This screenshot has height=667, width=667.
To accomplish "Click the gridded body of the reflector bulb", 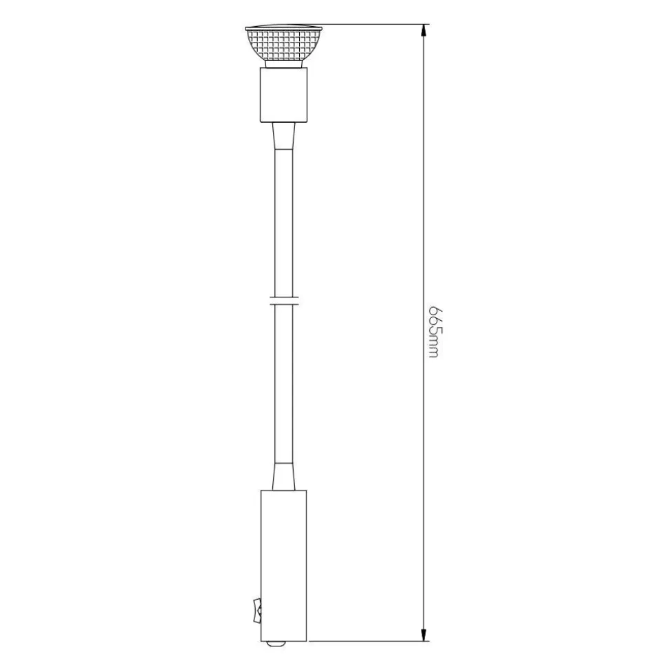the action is [x=284, y=45].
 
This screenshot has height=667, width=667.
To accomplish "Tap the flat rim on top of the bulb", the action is [x=284, y=28].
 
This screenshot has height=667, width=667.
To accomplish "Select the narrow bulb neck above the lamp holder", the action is [x=284, y=65].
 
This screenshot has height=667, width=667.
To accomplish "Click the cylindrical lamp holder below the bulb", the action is [x=283, y=95].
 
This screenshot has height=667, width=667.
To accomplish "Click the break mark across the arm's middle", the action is [x=284, y=300].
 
